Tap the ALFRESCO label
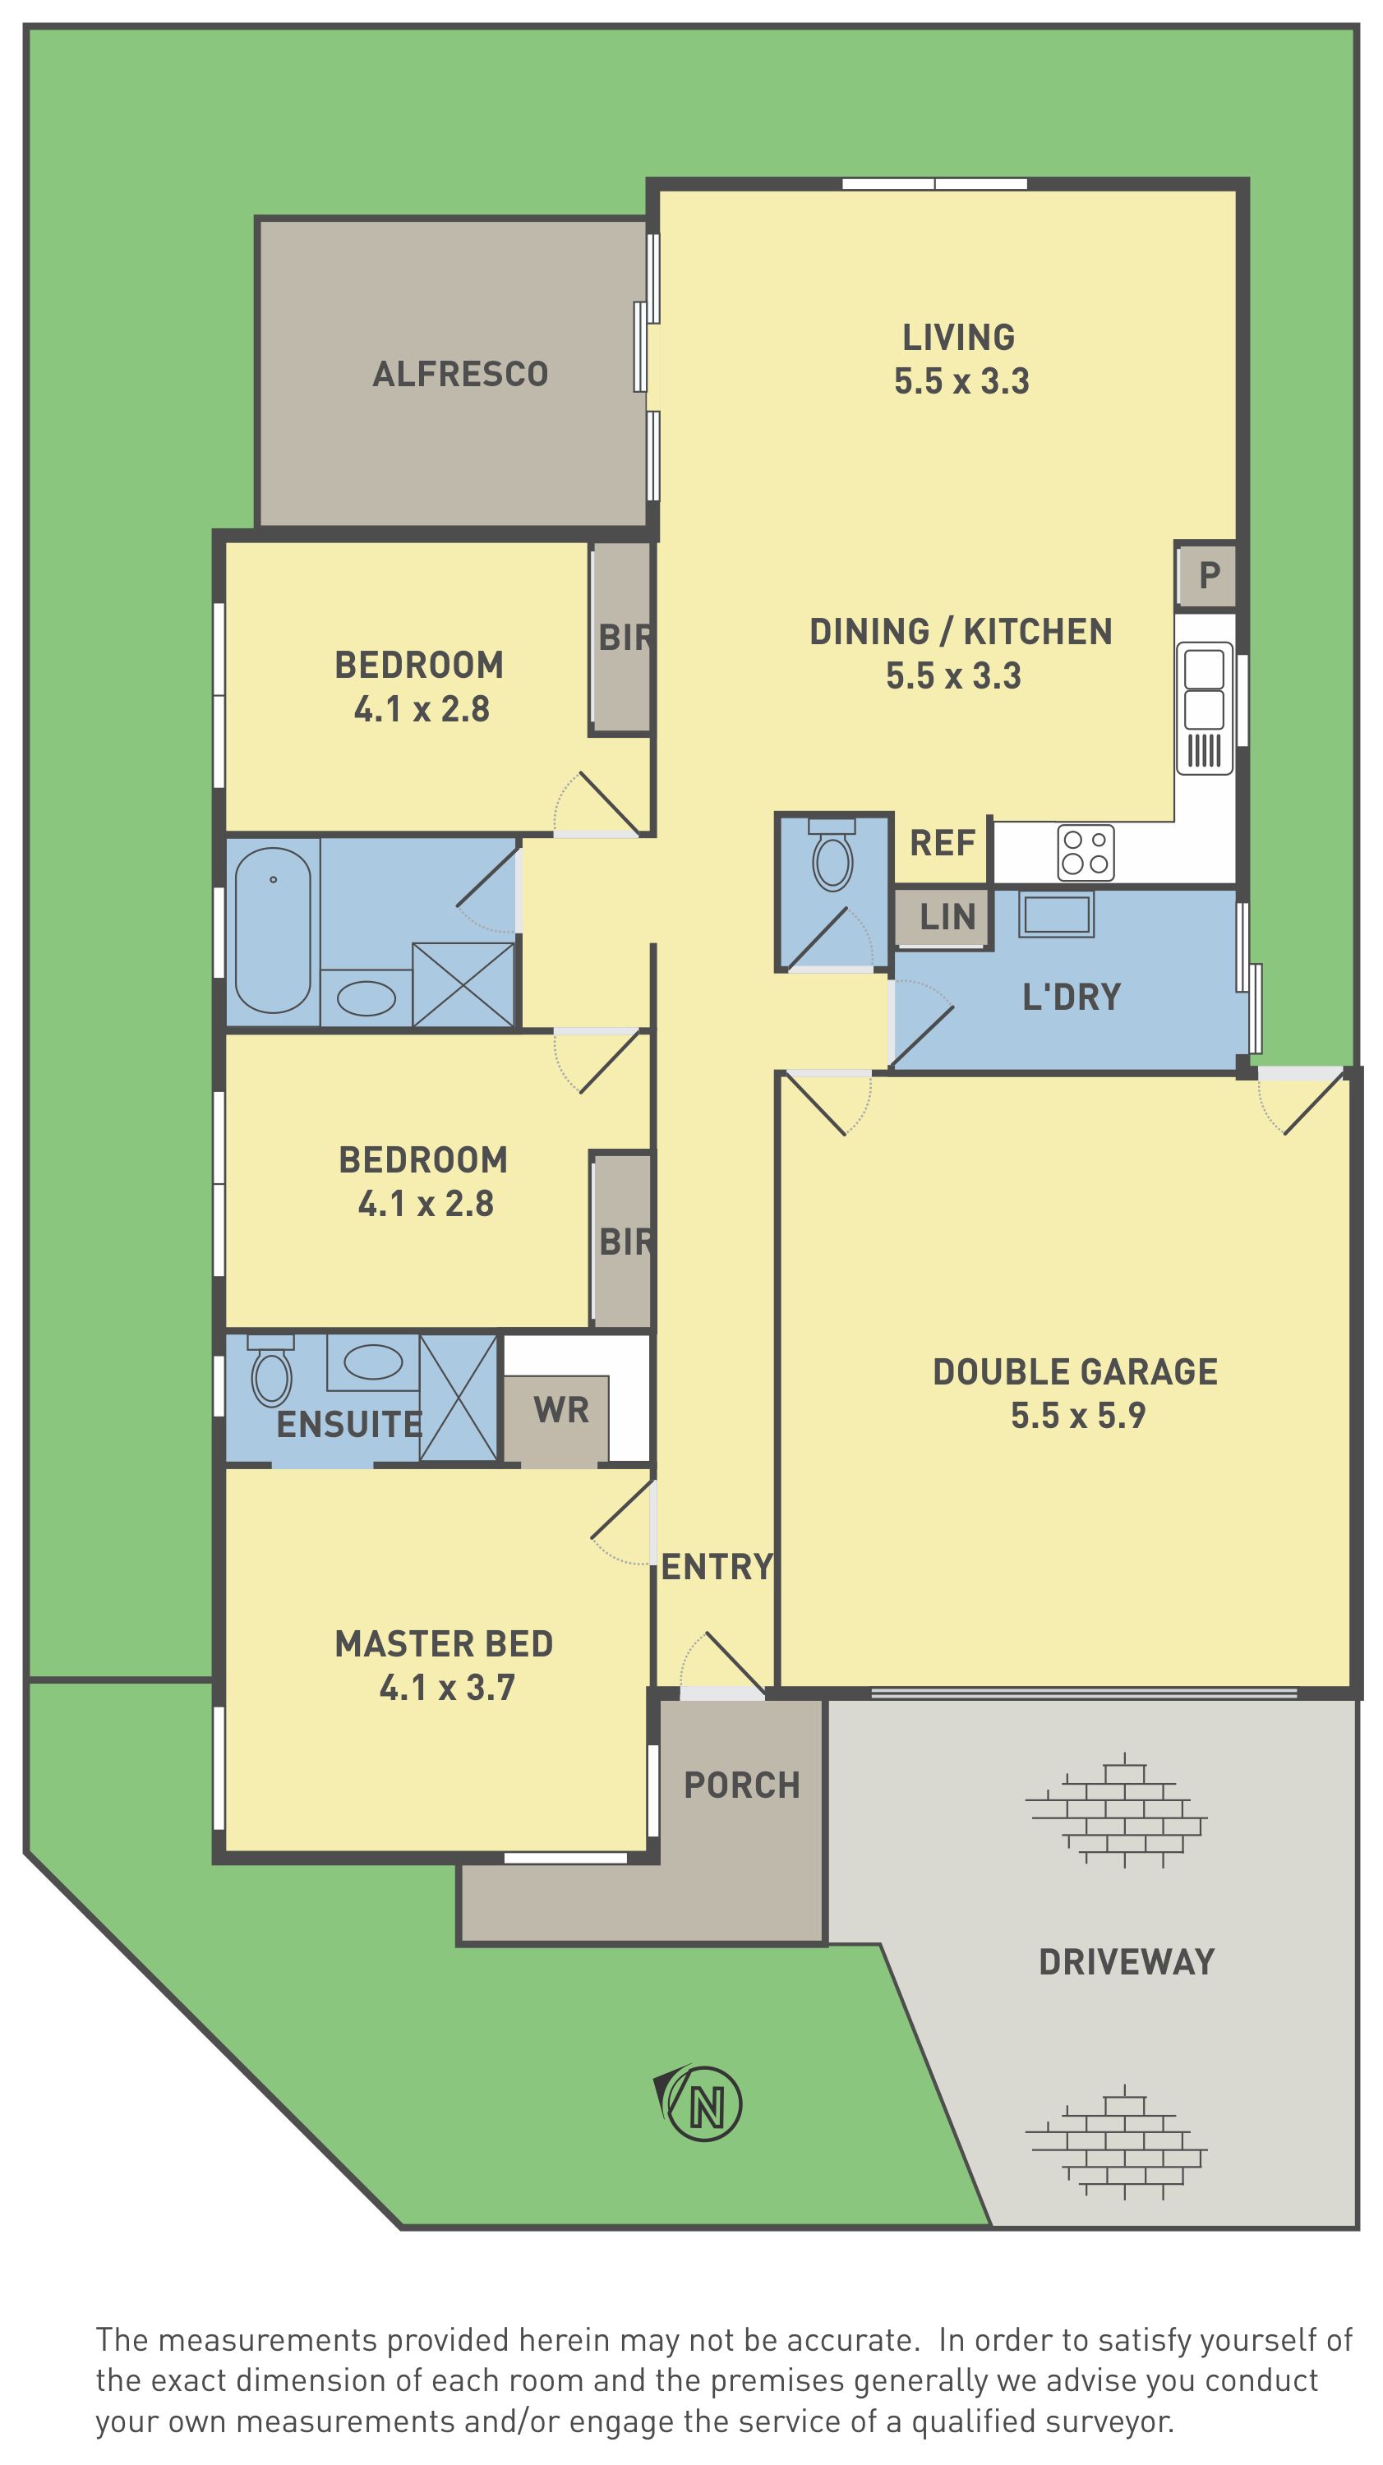tap(460, 374)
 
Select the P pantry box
tap(1207, 575)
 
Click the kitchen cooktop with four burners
tap(1086, 851)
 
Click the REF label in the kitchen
tap(943, 843)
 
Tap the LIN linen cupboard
tap(943, 918)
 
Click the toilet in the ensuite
tap(271, 1371)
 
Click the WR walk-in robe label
tap(562, 1409)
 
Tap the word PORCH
tap(742, 1785)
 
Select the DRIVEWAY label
tap(1127, 1961)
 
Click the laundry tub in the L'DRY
tap(1056, 914)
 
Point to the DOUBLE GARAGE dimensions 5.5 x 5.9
tap(1077, 1415)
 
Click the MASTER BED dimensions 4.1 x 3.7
tap(447, 1687)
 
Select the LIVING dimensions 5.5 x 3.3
tap(961, 381)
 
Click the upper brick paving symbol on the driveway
tap(1116, 1810)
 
